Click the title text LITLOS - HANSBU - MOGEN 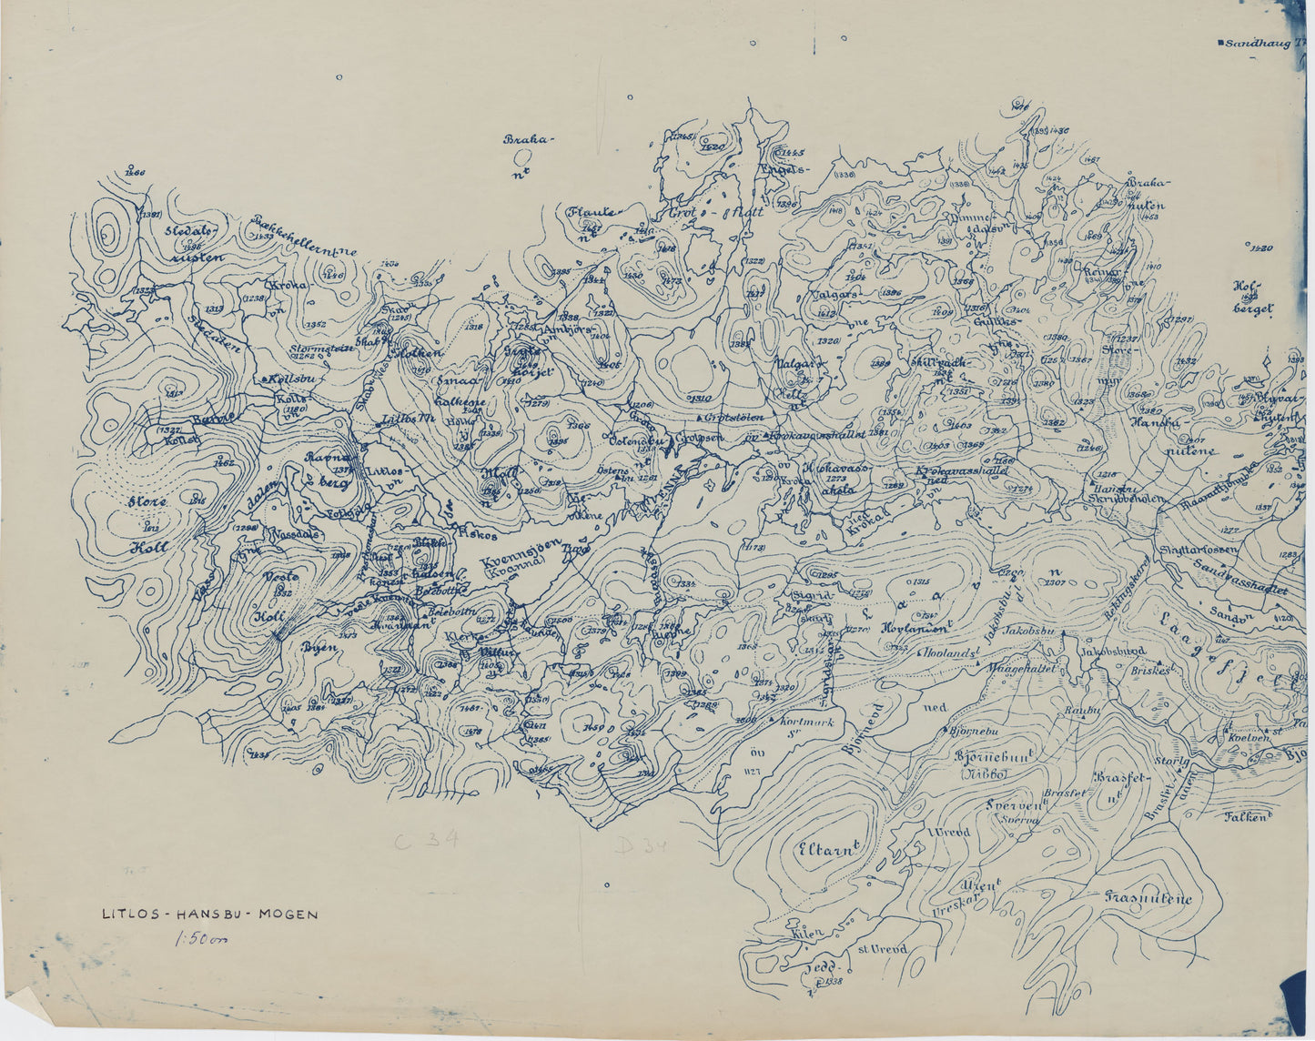(x=210, y=914)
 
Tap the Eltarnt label (x=827, y=850)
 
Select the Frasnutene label (x=1148, y=898)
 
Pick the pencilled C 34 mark (x=425, y=841)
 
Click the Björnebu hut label (x=975, y=730)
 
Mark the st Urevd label (x=882, y=949)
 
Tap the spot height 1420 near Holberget (x=1261, y=248)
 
